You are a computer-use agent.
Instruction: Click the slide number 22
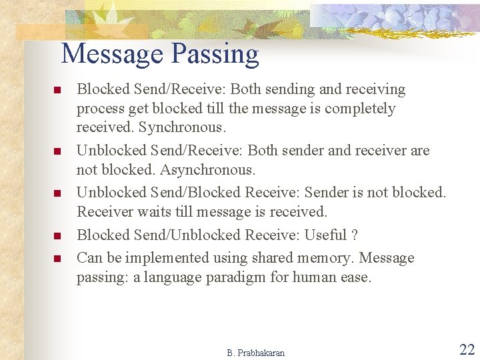click(x=467, y=349)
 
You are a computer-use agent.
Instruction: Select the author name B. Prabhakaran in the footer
click(x=255, y=353)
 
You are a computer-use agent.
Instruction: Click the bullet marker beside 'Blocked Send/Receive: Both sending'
click(x=58, y=91)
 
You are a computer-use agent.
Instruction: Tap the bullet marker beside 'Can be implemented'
click(x=58, y=259)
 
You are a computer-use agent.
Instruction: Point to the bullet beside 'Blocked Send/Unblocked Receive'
click(x=58, y=236)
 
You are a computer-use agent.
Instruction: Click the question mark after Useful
click(x=355, y=235)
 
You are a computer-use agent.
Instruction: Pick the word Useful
click(x=325, y=235)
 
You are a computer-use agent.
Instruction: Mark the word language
click(x=173, y=277)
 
